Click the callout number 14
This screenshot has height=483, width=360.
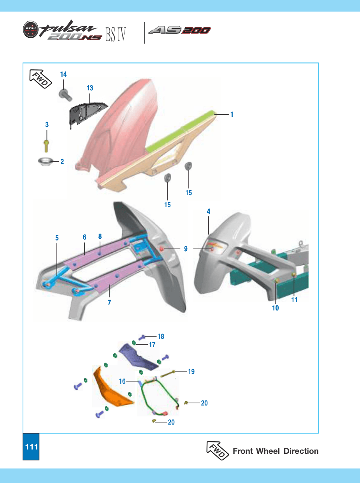point(63,74)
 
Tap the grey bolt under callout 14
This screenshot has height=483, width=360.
point(65,95)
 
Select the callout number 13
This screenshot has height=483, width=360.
point(90,88)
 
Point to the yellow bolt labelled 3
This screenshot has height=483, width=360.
point(46,146)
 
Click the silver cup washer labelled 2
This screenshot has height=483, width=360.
point(46,162)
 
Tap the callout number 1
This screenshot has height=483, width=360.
point(232,115)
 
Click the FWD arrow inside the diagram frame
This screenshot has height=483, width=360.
point(40,79)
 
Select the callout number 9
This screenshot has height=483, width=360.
point(186,249)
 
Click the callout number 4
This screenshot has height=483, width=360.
point(209,212)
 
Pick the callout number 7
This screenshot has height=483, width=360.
point(109,303)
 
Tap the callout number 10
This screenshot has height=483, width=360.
point(276,308)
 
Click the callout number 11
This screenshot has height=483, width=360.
point(294,300)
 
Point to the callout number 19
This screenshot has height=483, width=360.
point(191,372)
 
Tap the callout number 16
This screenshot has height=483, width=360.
point(122,381)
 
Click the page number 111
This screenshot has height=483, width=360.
point(32,447)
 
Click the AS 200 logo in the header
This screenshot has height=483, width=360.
point(179,30)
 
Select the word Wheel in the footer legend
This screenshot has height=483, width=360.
point(268,451)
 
